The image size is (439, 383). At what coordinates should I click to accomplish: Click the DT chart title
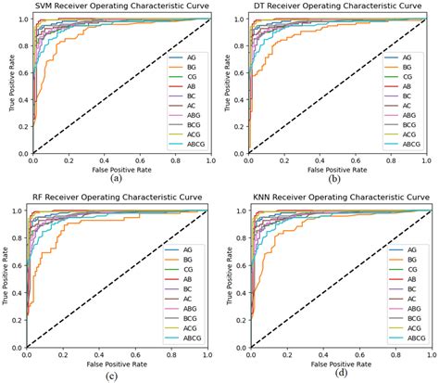(332, 6)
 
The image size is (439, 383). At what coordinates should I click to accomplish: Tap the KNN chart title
(332, 198)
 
